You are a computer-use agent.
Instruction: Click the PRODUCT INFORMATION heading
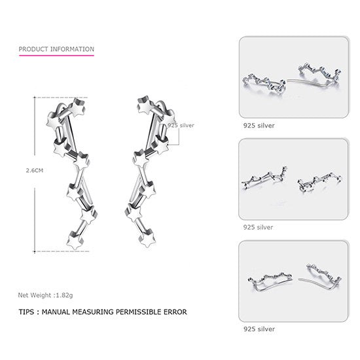[56, 49]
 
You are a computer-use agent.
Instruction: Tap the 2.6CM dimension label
[26, 171]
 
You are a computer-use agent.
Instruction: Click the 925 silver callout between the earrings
[181, 124]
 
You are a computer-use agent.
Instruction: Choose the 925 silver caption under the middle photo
[257, 227]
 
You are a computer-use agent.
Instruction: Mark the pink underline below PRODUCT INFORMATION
[56, 56]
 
